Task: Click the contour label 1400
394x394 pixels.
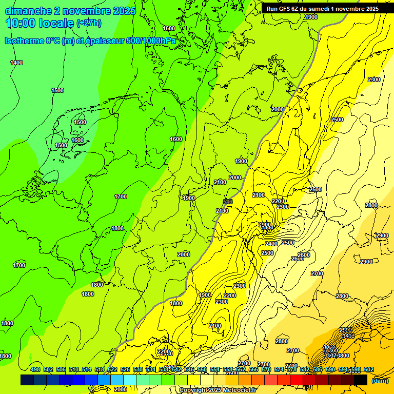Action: click(x=16, y=63)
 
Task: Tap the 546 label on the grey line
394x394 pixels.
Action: click(x=228, y=202)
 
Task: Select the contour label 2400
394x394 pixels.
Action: click(x=271, y=244)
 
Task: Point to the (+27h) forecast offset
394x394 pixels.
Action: click(x=88, y=23)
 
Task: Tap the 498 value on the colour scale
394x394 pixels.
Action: click(x=35, y=369)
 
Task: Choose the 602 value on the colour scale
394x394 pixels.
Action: click(x=368, y=369)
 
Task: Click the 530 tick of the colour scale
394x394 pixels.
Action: click(x=138, y=369)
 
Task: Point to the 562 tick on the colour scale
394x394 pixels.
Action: click(x=241, y=369)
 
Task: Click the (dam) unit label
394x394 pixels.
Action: click(x=380, y=380)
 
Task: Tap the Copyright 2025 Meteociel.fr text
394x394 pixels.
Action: click(x=217, y=390)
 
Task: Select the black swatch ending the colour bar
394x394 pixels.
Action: click(x=361, y=380)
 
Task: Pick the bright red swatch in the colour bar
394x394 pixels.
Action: click(x=297, y=380)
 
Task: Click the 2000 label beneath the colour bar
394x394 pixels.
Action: click(x=121, y=389)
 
